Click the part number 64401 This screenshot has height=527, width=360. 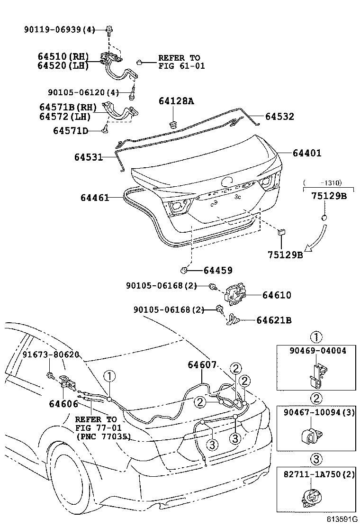pos(306,153)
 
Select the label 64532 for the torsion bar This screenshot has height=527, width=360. pos(279,116)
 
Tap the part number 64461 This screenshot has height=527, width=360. pos(91,197)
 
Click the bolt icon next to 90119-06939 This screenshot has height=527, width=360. pos(109,30)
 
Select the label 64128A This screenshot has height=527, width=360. pos(176,101)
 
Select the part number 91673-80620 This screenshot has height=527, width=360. pos(51,354)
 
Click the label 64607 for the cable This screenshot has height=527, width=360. pos(202,364)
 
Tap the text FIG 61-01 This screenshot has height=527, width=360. pos(181,66)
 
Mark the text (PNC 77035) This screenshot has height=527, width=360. pos(103,436)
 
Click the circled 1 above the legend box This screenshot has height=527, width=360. pos(316,337)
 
